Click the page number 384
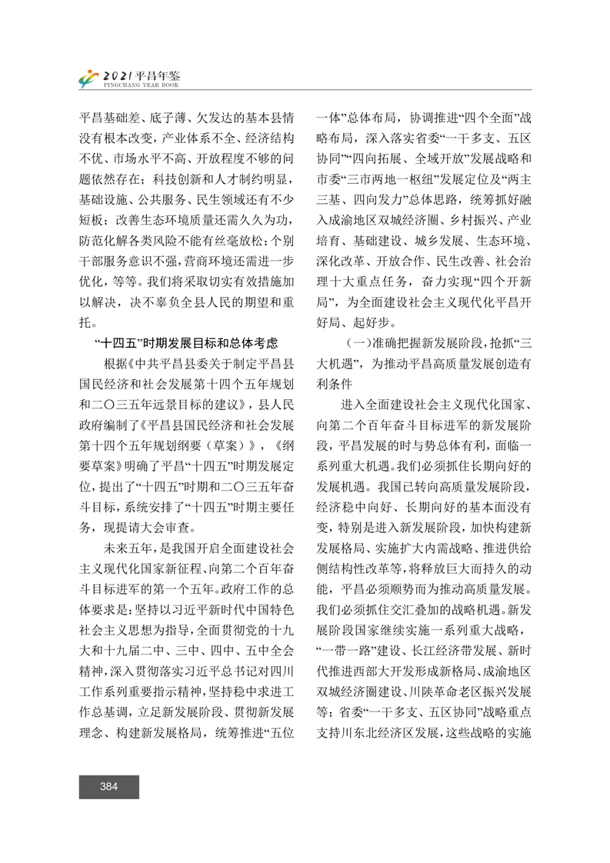coord(108,786)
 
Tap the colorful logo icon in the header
coord(91,78)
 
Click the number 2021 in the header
coord(118,75)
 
